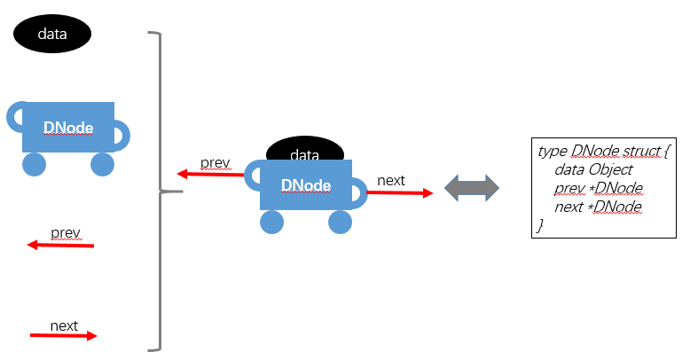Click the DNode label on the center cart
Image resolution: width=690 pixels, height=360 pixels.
tap(306, 185)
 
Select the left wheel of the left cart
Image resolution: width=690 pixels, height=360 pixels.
tap(34, 164)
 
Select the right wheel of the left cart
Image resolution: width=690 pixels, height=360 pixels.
tap(103, 164)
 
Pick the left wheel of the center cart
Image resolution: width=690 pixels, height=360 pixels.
tap(272, 222)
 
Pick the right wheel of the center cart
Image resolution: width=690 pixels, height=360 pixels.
tap(341, 222)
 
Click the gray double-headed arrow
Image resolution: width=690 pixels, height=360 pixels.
tap(472, 187)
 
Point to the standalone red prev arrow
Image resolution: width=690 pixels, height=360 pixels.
tap(60, 244)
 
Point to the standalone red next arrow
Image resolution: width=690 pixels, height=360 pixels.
tap(64, 335)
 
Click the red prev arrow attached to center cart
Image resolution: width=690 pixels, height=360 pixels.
tap(210, 174)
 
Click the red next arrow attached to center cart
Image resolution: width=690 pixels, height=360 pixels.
tap(399, 192)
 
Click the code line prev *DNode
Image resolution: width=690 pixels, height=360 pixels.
tap(598, 188)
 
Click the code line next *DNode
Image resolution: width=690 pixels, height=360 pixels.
tap(598, 207)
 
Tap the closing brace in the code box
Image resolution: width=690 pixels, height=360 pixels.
tap(540, 225)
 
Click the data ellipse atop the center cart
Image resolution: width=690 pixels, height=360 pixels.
tap(304, 152)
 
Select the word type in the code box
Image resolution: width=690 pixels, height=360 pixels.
tap(553, 152)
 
